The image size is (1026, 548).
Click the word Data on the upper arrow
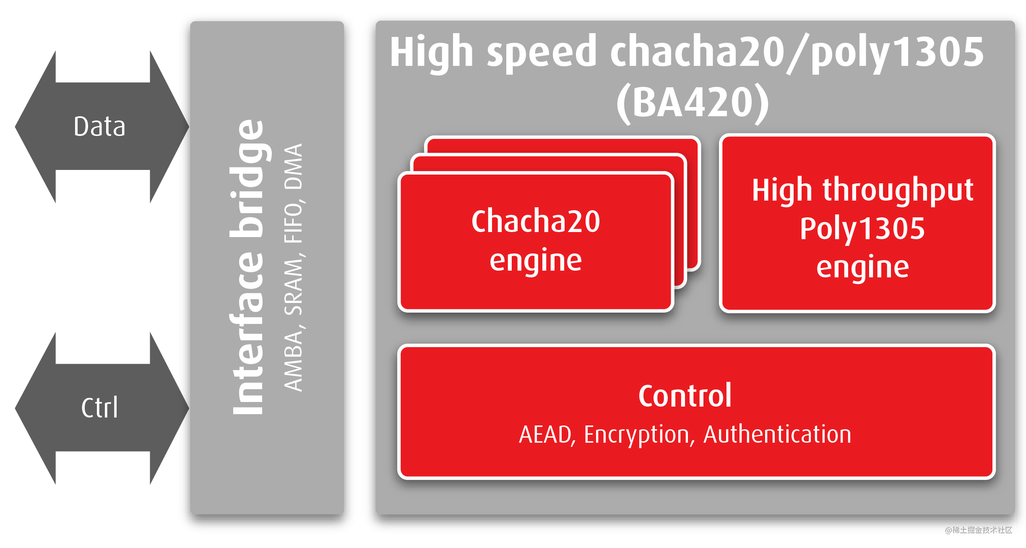99,127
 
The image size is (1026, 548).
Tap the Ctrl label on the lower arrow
99,408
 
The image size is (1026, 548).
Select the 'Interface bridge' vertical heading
248,268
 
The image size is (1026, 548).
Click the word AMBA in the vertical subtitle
293,362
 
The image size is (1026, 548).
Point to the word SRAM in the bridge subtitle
293,287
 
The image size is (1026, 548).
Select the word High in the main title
432,52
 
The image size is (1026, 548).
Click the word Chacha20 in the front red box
536,221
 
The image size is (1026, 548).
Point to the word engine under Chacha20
536,260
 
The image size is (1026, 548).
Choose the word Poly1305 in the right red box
862,229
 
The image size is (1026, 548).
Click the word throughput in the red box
898,190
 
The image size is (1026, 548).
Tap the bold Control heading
685,396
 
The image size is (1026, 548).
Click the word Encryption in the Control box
636,434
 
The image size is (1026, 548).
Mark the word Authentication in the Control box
777,434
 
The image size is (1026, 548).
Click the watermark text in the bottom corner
978,530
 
